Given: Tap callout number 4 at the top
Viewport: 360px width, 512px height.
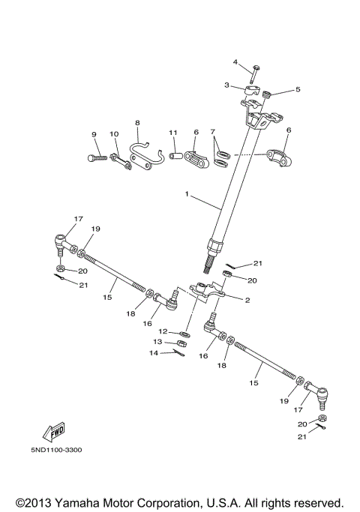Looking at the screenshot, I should coord(235,61).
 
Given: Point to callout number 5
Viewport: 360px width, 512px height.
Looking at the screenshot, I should coord(298,89).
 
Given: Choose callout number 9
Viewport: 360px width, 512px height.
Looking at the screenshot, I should coord(94,134).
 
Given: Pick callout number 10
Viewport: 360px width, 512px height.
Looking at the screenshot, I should coord(114,134).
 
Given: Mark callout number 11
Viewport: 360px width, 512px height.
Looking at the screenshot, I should coord(172,133).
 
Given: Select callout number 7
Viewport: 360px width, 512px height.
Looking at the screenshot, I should coord(212,131).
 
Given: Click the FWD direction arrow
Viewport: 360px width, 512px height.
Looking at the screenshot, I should coord(54,432).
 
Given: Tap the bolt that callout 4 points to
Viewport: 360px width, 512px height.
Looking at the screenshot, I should coord(256,73).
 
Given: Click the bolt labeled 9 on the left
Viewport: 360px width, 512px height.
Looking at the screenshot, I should coord(96,157).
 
